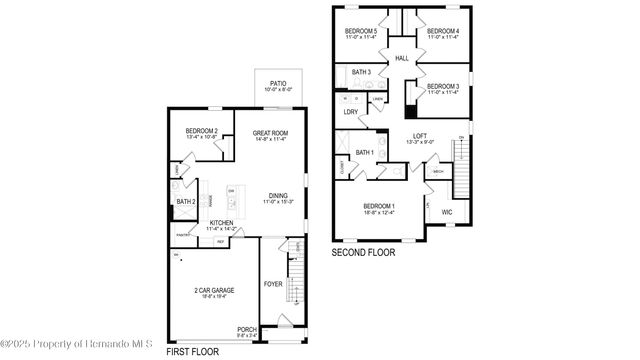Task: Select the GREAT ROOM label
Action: [269, 133]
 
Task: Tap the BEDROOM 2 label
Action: [201, 132]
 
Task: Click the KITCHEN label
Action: [222, 223]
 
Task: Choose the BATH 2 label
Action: [186, 202]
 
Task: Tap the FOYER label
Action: [273, 284]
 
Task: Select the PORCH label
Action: [246, 329]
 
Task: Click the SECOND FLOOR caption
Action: [363, 253]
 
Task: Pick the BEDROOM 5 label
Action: [361, 32]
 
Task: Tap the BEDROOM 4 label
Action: [443, 32]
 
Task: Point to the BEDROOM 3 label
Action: [442, 87]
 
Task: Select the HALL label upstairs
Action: [402, 59]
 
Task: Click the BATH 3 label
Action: [361, 72]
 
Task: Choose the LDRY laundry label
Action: [350, 112]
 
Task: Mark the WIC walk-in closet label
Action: [447, 212]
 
